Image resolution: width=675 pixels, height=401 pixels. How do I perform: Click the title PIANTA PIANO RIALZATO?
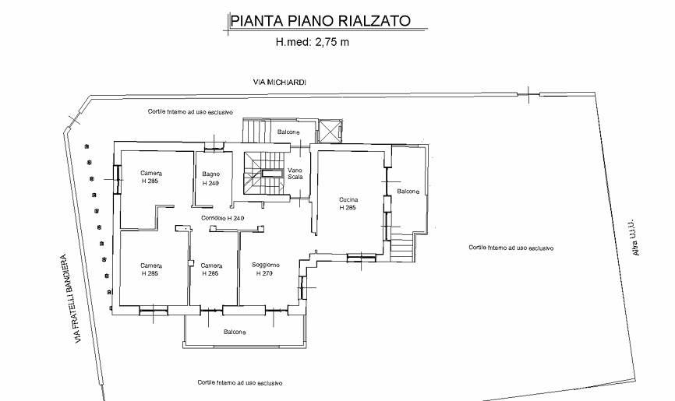320,20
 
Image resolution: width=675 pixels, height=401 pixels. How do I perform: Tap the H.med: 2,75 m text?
312,42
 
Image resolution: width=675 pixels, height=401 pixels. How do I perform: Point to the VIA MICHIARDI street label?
279,82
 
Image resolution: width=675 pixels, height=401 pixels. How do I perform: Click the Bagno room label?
211,174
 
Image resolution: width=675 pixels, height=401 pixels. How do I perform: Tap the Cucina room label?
348,199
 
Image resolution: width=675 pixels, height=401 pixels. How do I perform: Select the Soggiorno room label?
266,265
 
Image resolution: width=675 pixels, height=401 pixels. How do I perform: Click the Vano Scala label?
295,174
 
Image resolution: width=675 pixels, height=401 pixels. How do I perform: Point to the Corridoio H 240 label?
223,218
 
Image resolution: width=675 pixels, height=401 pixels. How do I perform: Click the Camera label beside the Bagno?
151,173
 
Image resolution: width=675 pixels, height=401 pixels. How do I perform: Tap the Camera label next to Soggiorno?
211,266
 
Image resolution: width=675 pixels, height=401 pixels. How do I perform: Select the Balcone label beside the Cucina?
408,191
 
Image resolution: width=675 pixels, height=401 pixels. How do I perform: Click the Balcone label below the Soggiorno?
235,332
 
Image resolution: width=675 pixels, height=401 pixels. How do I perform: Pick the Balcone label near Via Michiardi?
288,132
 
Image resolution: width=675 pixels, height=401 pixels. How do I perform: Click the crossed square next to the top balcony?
330,131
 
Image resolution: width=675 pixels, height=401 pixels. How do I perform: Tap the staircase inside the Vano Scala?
265,173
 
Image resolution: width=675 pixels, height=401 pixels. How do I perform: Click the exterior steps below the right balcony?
402,247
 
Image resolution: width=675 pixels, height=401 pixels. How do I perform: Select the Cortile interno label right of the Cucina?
511,248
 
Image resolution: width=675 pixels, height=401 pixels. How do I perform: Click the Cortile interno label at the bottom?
240,382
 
